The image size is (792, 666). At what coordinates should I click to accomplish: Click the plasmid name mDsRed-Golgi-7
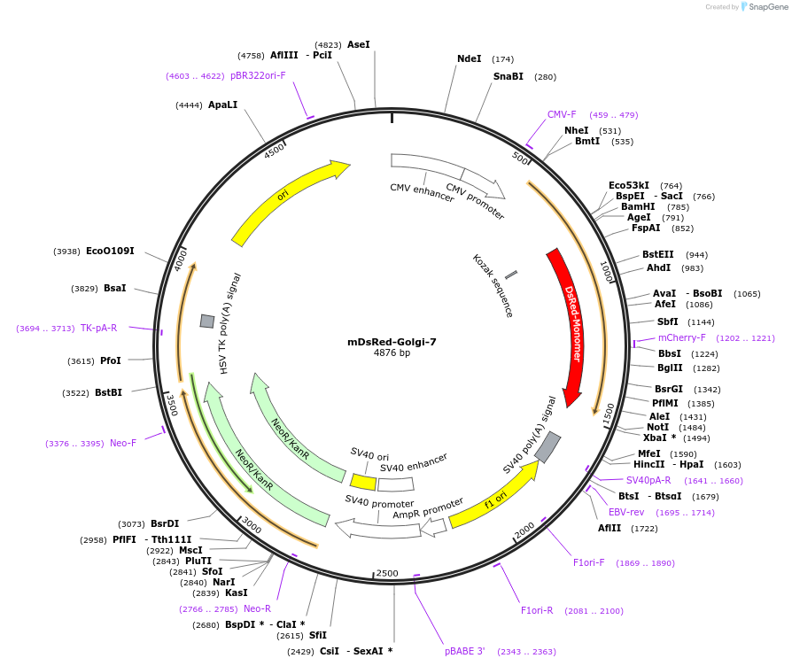tap(392, 341)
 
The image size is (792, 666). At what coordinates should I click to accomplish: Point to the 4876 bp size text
tap(392, 352)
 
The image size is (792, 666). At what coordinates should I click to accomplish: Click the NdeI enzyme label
tap(469, 58)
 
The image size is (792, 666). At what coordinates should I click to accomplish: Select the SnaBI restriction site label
tap(508, 76)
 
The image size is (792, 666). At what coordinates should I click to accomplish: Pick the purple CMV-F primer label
tap(562, 114)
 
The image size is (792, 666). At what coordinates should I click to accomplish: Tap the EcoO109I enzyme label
tap(110, 251)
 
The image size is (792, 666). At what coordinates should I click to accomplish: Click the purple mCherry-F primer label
tap(681, 337)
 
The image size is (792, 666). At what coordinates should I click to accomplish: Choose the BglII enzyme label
tap(670, 368)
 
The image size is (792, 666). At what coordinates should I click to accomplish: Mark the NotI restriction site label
tap(657, 427)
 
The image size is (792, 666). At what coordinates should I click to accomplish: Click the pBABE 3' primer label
tap(464, 651)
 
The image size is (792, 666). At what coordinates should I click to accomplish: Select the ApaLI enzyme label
tap(222, 105)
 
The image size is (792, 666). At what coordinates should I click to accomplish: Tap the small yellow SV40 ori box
tap(363, 482)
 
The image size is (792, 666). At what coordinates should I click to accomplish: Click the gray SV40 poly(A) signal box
tap(547, 447)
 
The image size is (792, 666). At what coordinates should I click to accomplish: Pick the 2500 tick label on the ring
tap(387, 574)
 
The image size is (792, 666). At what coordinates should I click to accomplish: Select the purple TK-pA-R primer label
tap(98, 328)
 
